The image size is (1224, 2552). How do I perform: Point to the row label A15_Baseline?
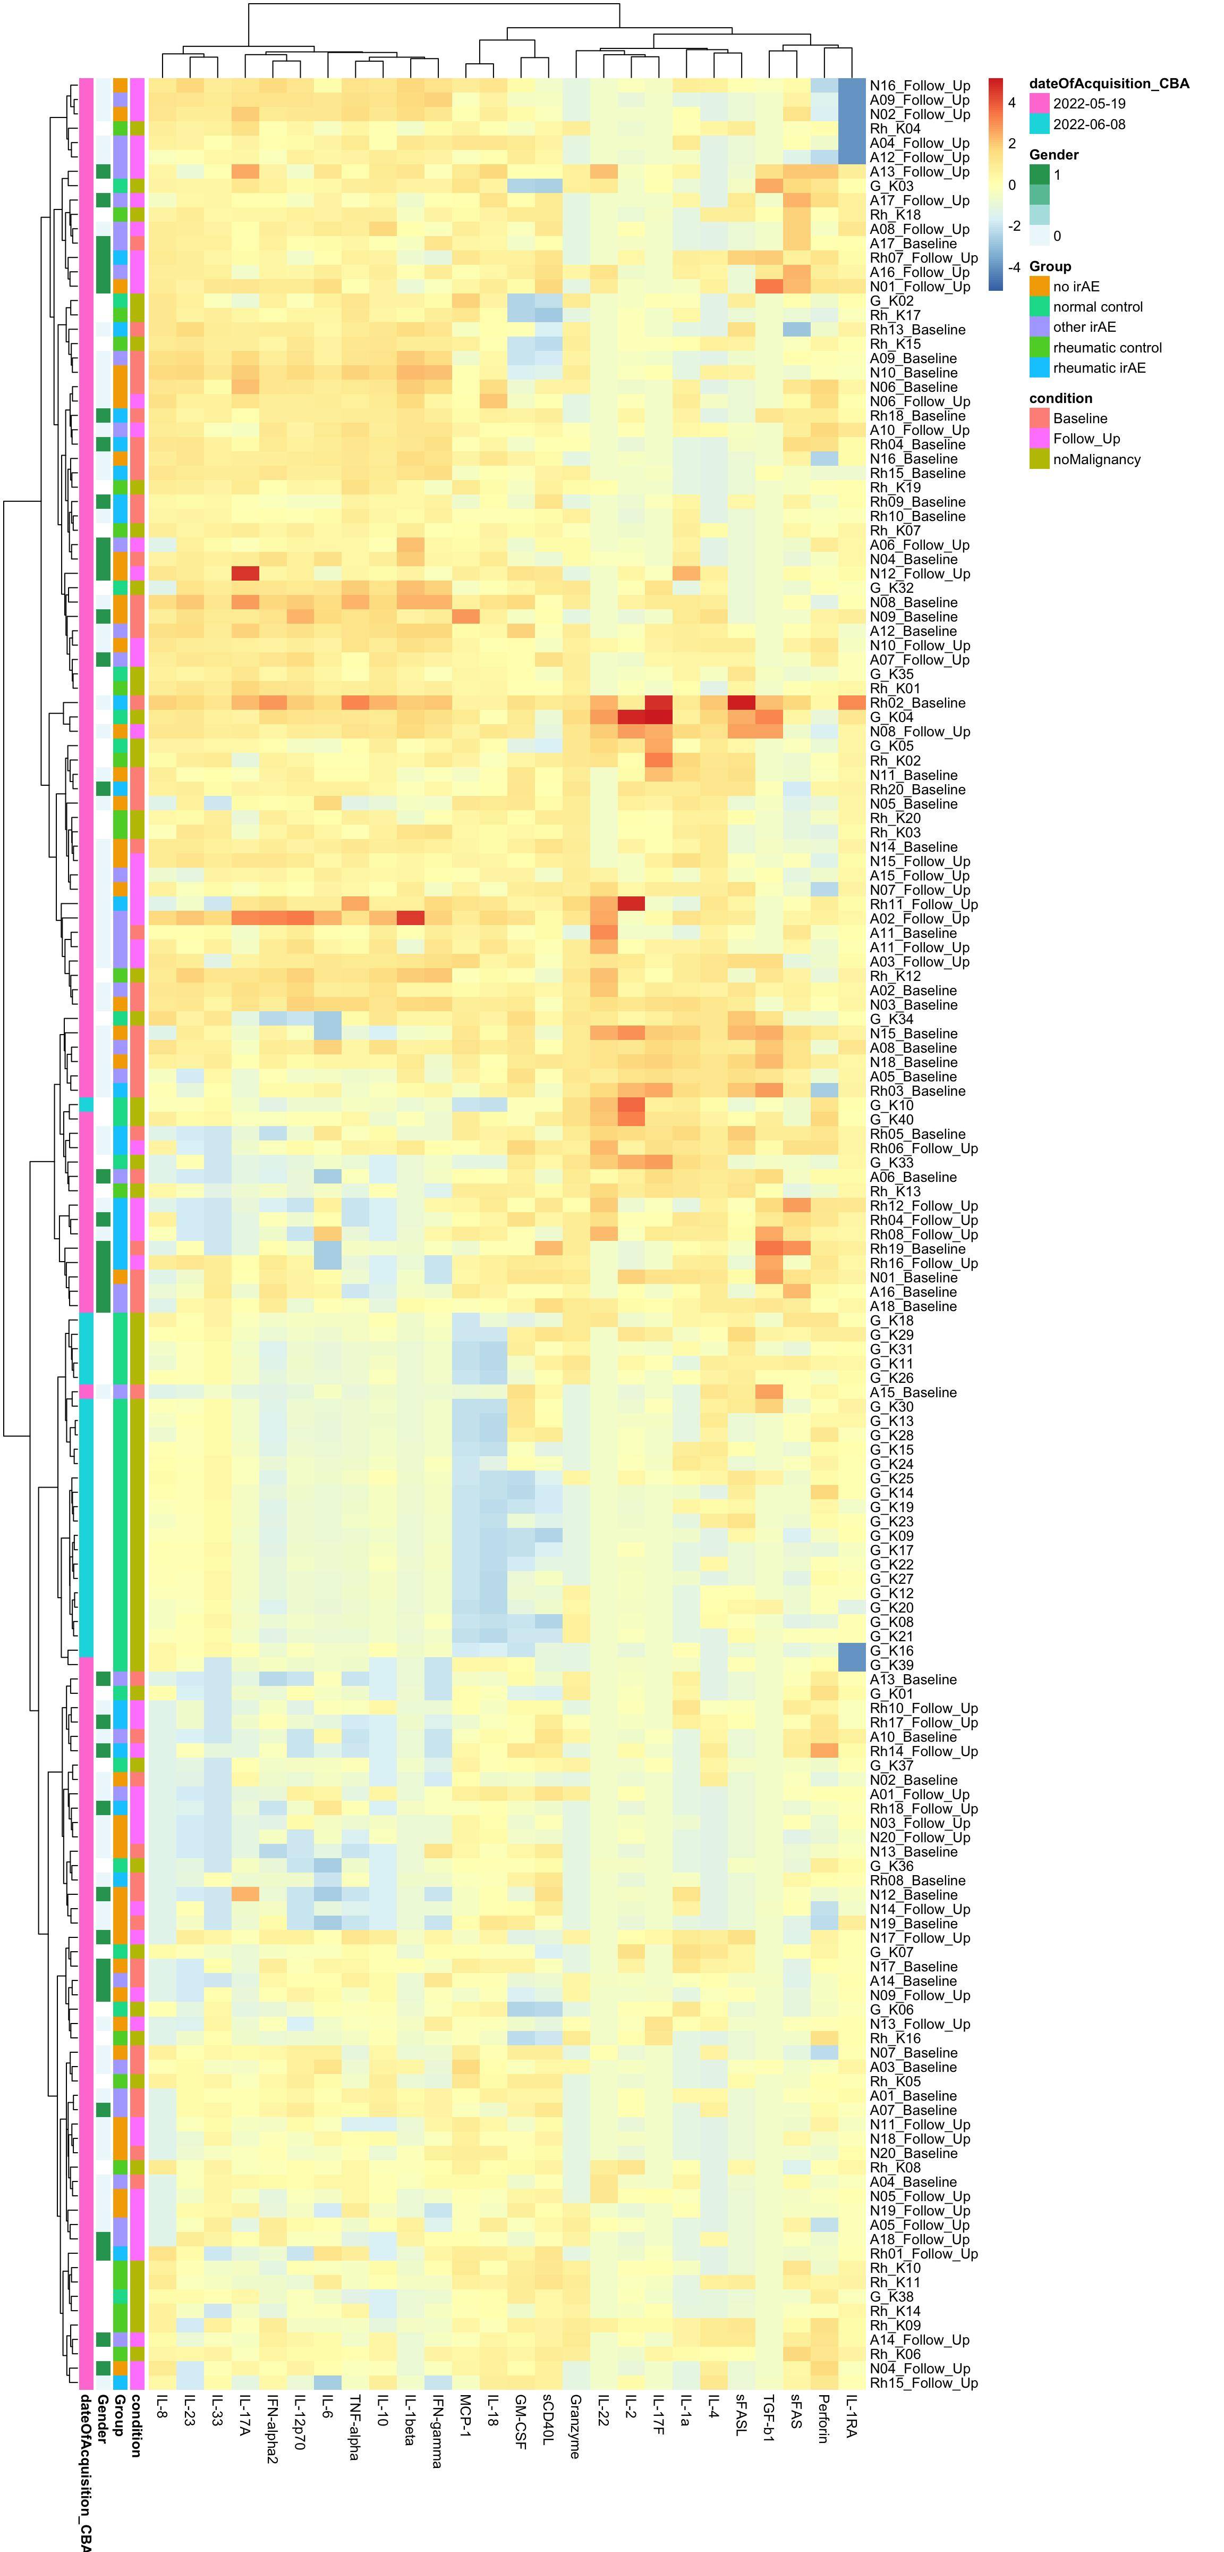(x=913, y=1392)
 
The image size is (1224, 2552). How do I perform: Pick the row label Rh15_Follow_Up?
(x=923, y=2382)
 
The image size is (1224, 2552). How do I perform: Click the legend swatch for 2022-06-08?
(x=1039, y=124)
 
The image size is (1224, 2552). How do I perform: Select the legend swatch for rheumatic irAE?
(x=1039, y=367)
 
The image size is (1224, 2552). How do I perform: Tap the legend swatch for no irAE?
(x=1039, y=287)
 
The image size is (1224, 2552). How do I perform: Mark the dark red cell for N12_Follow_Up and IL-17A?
(x=244, y=574)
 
